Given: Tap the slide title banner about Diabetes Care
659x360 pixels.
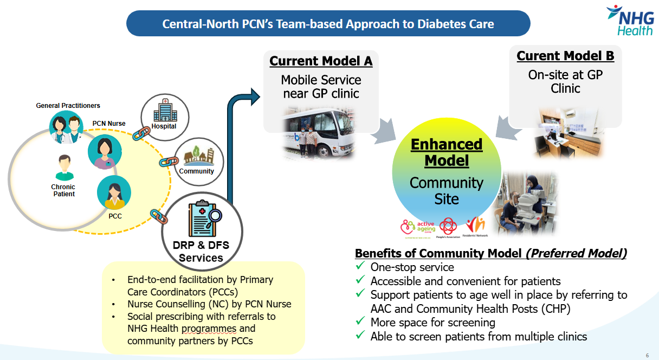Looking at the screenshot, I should point(328,24).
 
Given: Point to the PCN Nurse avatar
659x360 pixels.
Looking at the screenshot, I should point(105,151).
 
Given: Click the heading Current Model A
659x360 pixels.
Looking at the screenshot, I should point(321,61).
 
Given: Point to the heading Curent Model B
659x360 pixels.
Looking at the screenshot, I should point(565,56).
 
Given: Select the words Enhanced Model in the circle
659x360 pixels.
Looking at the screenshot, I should point(447,152).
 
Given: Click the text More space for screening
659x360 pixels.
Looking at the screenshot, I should point(432,323).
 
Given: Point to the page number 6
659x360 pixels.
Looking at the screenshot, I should point(647,355).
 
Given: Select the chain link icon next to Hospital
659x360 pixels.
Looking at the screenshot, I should point(141,132).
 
